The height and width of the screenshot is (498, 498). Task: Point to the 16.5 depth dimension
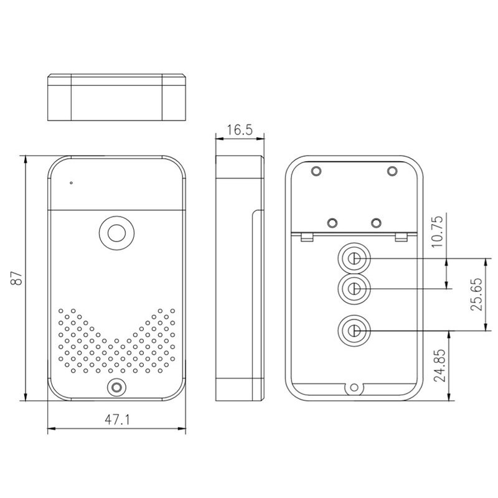point(239,129)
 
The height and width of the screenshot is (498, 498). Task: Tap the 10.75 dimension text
point(439,230)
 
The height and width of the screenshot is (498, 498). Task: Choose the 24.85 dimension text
point(439,368)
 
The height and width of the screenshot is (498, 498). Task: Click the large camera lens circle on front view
point(116,233)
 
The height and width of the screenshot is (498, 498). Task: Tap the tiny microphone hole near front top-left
point(72,183)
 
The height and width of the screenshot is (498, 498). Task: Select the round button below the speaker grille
point(116,387)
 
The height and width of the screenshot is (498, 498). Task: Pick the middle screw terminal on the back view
point(353,288)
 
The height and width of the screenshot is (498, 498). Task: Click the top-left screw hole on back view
point(316,171)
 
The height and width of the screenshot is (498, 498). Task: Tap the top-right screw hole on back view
point(392,171)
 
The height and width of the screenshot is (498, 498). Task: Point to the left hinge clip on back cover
point(306,237)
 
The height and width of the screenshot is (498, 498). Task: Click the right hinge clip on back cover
point(402,237)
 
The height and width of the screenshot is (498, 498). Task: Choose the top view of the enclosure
point(116,98)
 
